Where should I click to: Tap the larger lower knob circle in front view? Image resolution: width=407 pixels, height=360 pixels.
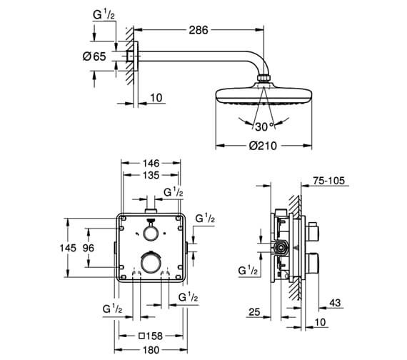coord(150,262)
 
